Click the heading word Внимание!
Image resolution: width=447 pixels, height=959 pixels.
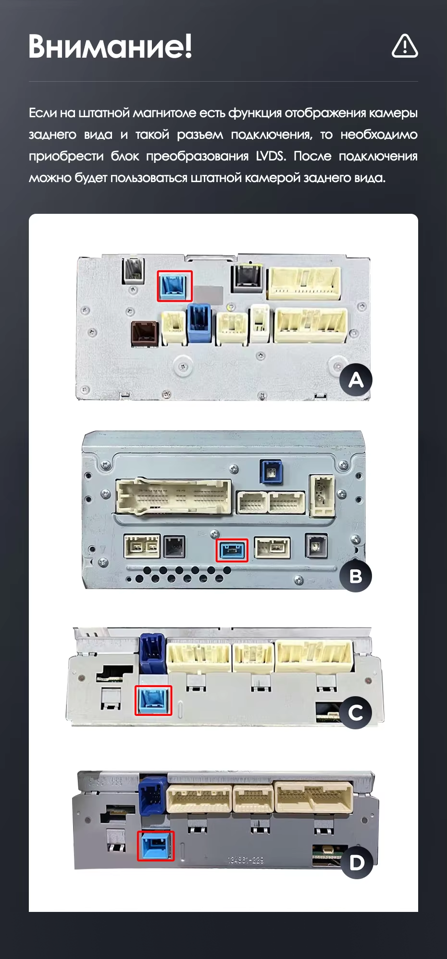pyautogui.click(x=110, y=47)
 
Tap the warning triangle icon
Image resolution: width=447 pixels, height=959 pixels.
pyautogui.click(x=405, y=46)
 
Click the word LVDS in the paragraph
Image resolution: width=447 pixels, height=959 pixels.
pyautogui.click(x=271, y=156)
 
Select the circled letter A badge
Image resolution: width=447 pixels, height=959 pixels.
pyautogui.click(x=356, y=380)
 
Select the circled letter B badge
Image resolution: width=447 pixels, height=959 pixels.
pyautogui.click(x=356, y=576)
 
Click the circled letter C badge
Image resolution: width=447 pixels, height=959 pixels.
pyautogui.click(x=356, y=713)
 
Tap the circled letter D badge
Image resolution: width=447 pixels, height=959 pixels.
pyautogui.click(x=357, y=862)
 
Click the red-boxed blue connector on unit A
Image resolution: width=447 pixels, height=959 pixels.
pyautogui.click(x=175, y=286)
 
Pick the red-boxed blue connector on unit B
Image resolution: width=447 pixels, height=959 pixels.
pyautogui.click(x=232, y=550)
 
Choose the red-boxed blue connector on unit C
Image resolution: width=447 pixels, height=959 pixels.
pyautogui.click(x=153, y=700)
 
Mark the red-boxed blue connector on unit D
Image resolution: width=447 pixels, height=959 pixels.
pyautogui.click(x=156, y=846)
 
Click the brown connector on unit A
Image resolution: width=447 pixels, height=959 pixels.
pyautogui.click(x=145, y=333)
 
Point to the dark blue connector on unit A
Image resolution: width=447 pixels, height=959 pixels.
pyautogui.click(x=199, y=323)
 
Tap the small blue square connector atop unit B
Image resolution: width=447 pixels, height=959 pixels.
pyautogui.click(x=271, y=471)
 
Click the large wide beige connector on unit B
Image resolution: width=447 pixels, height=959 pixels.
pyautogui.click(x=174, y=497)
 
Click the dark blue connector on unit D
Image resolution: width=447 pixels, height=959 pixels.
pyautogui.click(x=153, y=795)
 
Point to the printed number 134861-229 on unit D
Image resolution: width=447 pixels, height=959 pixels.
pyautogui.click(x=246, y=860)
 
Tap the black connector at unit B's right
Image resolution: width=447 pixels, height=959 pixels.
pyautogui.click(x=316, y=546)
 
